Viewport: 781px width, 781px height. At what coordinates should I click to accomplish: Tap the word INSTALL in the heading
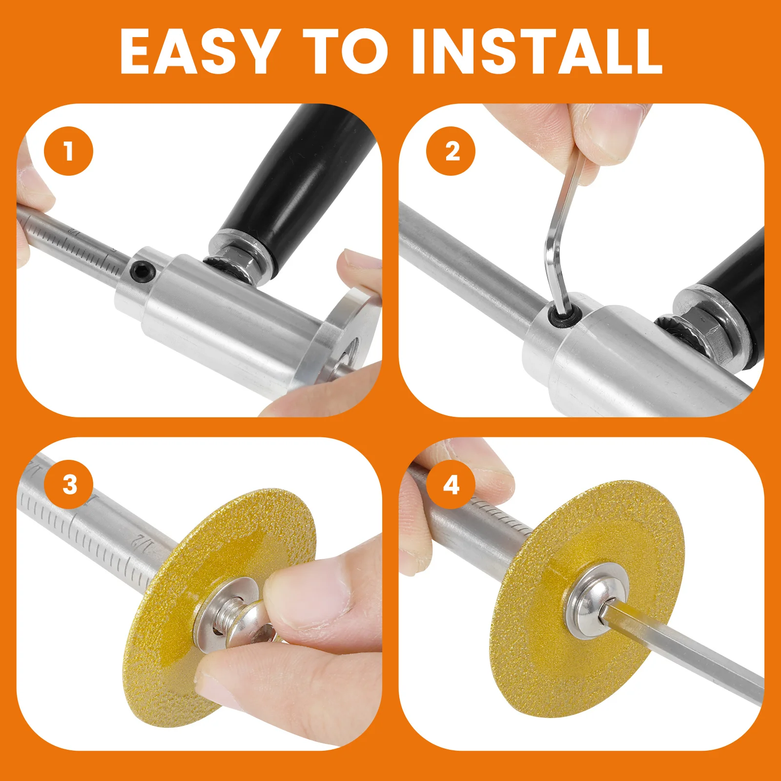pos(537,51)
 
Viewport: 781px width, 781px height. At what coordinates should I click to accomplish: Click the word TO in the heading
pos(346,51)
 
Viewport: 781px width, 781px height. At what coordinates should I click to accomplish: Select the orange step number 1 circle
pos(68,151)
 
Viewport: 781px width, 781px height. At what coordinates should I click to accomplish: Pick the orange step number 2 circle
pos(451,151)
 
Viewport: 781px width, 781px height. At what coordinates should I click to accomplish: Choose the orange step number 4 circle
pos(451,485)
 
